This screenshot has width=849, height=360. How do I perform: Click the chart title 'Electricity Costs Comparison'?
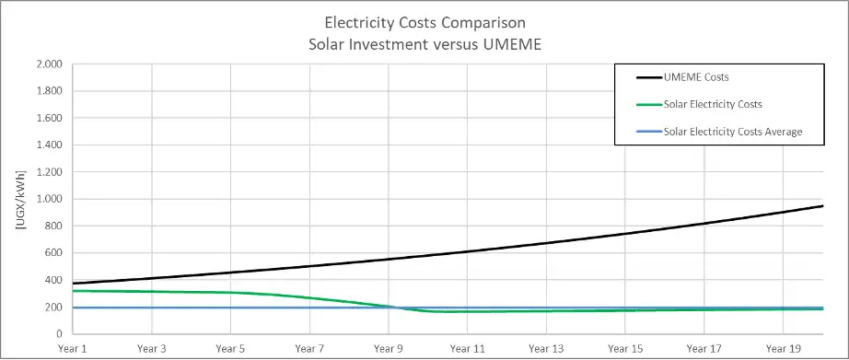coord(424,21)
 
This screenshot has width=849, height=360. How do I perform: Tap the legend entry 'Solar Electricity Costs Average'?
coord(733,132)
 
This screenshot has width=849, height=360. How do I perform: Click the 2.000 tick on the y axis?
coord(48,64)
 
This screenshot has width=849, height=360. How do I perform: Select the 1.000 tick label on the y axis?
coord(48,199)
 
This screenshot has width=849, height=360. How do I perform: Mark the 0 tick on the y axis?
coord(59,334)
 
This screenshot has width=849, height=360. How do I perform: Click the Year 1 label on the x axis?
coord(72,350)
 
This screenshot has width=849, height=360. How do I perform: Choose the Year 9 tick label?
coord(388,350)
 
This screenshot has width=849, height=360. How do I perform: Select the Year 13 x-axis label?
coord(546,350)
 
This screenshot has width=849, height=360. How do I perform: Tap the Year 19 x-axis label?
coord(783,350)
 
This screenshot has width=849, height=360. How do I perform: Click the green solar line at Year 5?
coord(229,293)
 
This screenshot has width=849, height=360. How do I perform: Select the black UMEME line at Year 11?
coord(467,251)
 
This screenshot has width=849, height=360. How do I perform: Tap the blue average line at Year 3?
coord(151,308)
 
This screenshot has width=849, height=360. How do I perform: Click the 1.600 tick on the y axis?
coord(48,119)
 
